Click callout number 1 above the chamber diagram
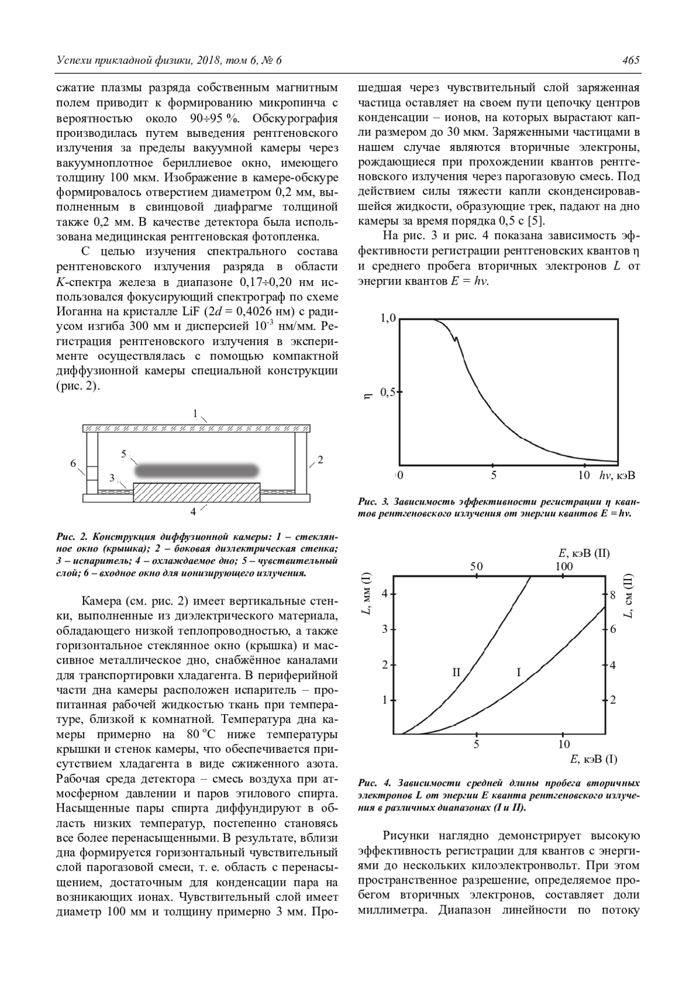[196, 414]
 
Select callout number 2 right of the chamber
[320, 459]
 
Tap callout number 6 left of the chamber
[74, 463]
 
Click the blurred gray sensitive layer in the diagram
[197, 469]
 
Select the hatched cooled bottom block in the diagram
[197, 492]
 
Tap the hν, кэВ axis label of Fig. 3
[617, 476]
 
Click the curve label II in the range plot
[456, 672]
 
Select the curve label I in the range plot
[519, 672]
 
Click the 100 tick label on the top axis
[564, 566]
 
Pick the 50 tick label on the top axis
[476, 566]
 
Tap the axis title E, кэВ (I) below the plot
[594, 759]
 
